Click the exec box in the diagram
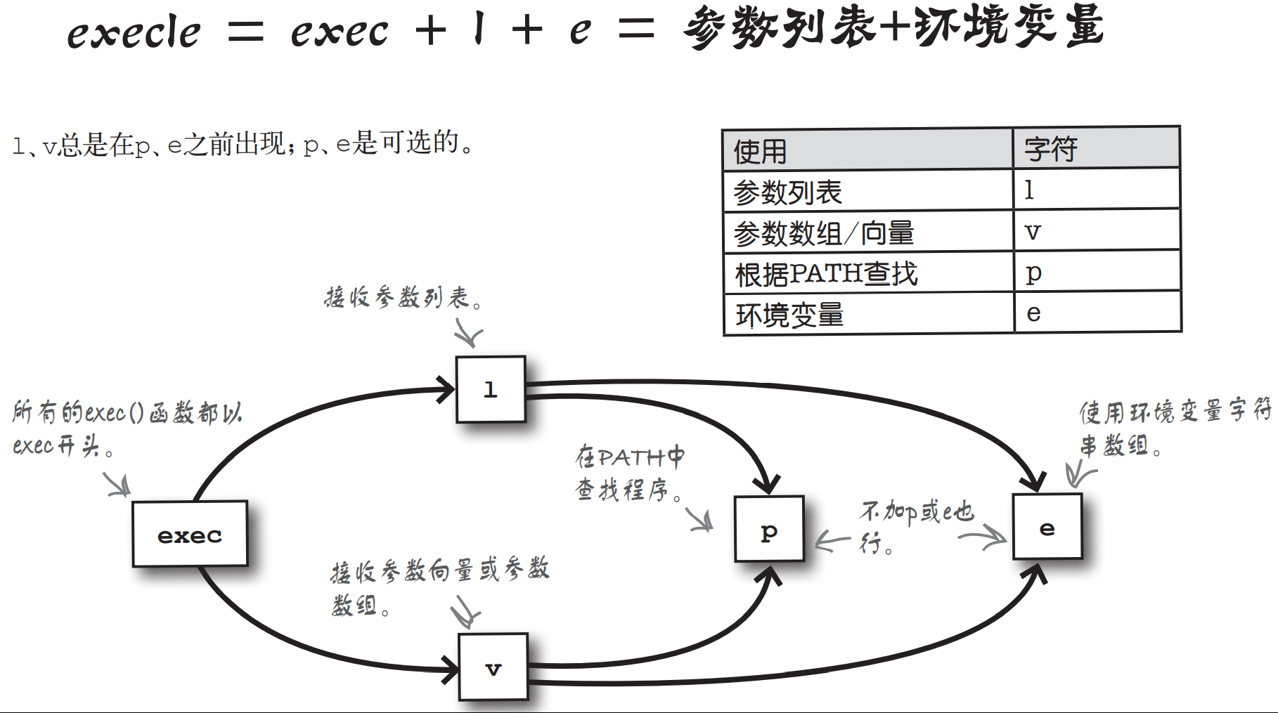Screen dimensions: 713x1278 190,534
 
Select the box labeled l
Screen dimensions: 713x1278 491,389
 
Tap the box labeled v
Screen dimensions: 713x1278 493,667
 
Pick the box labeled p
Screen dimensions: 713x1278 769,530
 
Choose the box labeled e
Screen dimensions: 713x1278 1047,527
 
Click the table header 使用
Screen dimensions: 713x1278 761,151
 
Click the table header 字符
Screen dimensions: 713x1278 1050,149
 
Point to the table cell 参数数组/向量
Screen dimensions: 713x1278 823,233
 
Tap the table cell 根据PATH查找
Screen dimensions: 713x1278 826,274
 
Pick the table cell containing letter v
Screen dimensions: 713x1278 1033,231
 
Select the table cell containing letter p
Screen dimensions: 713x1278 1033,273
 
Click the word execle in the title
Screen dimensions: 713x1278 134,32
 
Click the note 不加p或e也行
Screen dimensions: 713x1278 915,525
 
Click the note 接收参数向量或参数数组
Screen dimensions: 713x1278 439,586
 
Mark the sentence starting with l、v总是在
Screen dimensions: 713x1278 243,145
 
